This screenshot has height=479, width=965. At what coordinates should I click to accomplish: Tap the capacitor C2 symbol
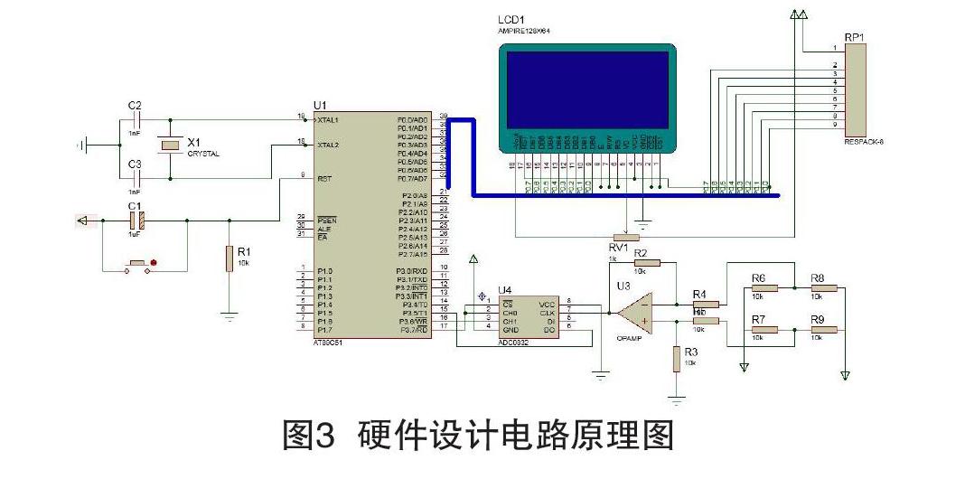[x=135, y=119]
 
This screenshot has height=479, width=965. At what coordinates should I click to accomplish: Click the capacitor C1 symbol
[x=135, y=219]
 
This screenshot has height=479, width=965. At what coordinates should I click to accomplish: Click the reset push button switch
[x=139, y=264]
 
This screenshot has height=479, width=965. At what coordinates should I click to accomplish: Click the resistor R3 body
[x=676, y=359]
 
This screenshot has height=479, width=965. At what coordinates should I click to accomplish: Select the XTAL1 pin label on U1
[x=327, y=119]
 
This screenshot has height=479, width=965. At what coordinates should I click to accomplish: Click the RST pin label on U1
[x=323, y=179]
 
